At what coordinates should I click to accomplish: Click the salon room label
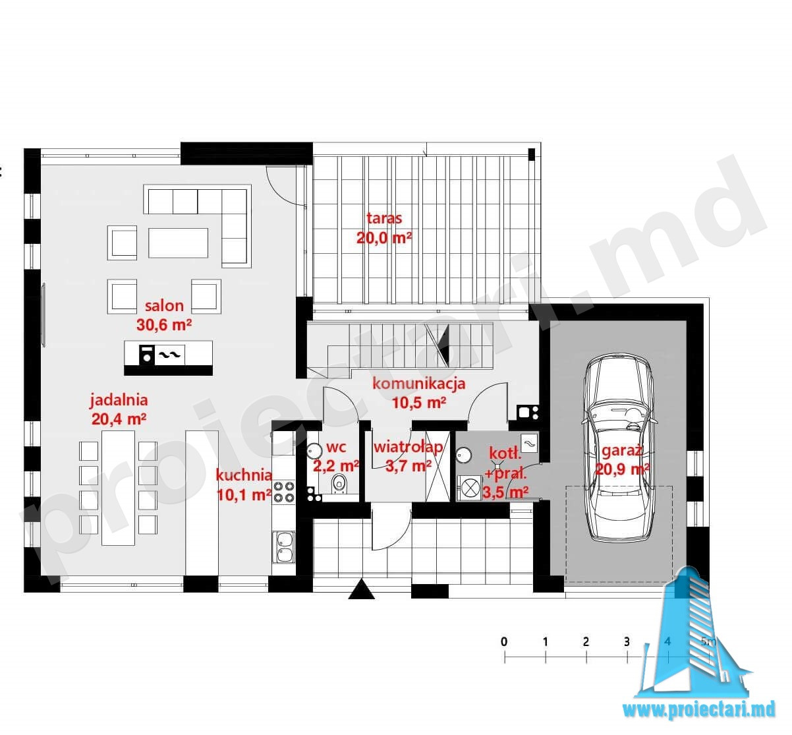(164, 306)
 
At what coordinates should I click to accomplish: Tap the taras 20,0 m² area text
(384, 238)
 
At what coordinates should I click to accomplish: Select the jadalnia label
(119, 400)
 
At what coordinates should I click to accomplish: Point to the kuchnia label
(244, 475)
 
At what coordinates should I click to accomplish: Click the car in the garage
(618, 448)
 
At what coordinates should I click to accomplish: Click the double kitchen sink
(284, 547)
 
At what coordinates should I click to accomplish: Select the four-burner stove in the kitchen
(284, 492)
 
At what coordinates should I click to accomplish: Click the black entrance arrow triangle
(361, 589)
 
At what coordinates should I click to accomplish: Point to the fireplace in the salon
(168, 357)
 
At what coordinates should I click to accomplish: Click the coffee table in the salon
(179, 243)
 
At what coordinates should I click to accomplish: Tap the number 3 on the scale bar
(627, 641)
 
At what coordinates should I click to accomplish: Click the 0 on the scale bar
(504, 641)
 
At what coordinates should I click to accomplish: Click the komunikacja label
(418, 383)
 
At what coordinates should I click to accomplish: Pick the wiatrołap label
(408, 448)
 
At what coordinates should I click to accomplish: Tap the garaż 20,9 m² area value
(622, 469)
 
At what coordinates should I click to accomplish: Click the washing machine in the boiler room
(469, 488)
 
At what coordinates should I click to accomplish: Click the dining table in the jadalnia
(118, 488)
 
